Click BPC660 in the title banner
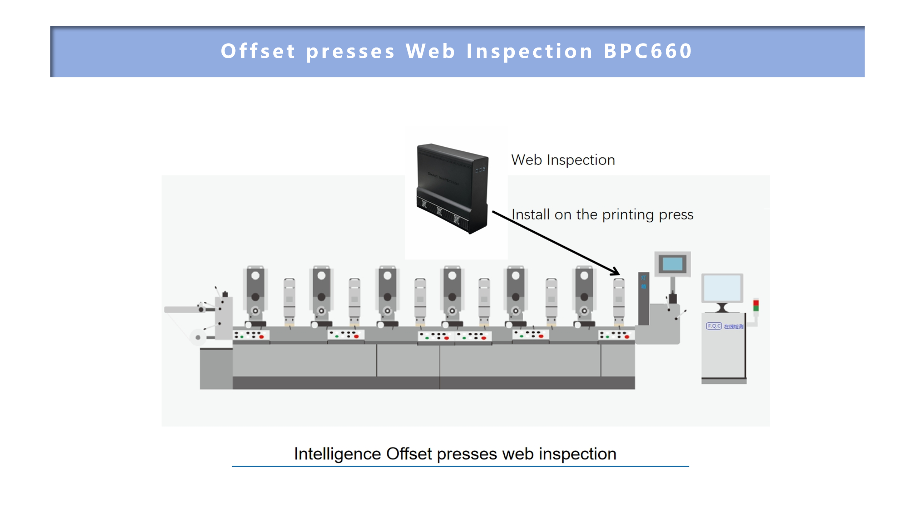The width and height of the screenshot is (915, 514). (648, 51)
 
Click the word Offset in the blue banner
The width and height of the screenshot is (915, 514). (258, 51)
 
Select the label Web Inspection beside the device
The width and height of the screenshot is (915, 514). (563, 160)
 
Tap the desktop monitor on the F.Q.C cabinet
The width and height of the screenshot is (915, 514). (722, 288)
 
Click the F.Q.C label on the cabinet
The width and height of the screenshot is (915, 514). (714, 326)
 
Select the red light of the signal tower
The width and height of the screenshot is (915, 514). (756, 303)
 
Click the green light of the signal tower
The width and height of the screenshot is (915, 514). (756, 308)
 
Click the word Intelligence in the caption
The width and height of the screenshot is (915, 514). (337, 454)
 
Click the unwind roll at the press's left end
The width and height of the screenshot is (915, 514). (198, 337)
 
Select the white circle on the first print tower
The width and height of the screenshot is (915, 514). (255, 276)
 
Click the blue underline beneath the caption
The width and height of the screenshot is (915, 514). (460, 466)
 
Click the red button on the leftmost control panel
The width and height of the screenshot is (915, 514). (262, 337)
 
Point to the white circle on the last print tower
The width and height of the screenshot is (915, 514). (584, 276)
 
